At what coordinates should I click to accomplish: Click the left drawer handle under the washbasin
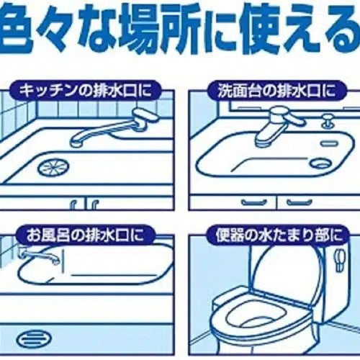point(255,202)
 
